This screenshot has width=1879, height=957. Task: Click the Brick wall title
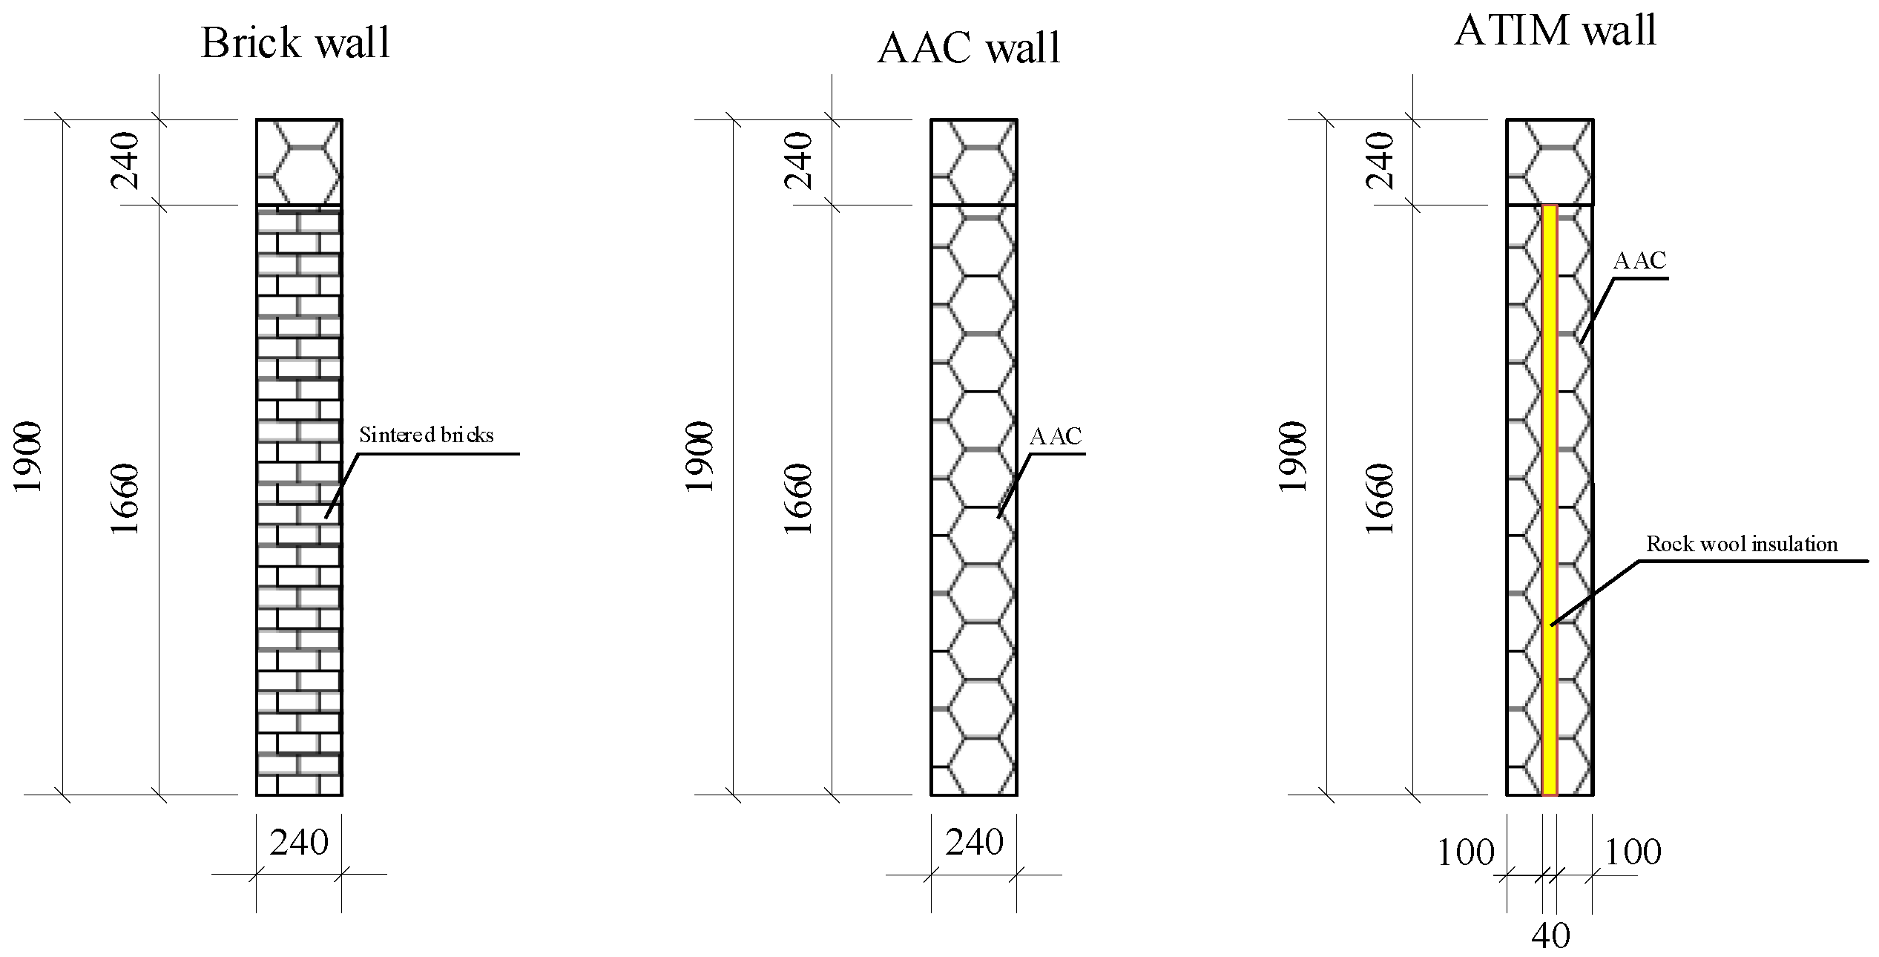(295, 43)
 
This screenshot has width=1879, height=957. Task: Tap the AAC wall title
(969, 48)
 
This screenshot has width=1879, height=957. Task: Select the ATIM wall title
(1555, 31)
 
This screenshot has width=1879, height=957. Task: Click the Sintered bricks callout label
(426, 435)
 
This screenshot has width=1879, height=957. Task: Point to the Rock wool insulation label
(1741, 545)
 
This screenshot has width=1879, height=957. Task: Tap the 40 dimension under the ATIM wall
(1550, 935)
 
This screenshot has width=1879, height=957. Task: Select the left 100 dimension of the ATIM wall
(1465, 852)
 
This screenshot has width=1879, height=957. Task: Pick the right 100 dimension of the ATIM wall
(1632, 852)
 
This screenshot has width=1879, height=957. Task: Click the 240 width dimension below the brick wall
(298, 843)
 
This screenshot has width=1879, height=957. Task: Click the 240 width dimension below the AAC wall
(973, 843)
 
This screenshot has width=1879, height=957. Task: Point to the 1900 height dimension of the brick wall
(28, 456)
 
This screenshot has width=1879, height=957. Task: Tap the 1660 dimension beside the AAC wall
(798, 499)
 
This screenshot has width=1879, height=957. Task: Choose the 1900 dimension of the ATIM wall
(1292, 456)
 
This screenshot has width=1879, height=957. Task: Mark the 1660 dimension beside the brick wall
(125, 499)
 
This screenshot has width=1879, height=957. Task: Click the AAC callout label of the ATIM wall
(1639, 260)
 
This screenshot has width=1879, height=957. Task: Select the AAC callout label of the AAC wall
(1055, 436)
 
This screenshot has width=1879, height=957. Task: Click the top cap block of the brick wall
(299, 162)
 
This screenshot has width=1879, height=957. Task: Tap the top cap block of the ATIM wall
(1549, 162)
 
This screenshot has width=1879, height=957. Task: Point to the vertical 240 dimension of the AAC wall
(798, 161)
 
